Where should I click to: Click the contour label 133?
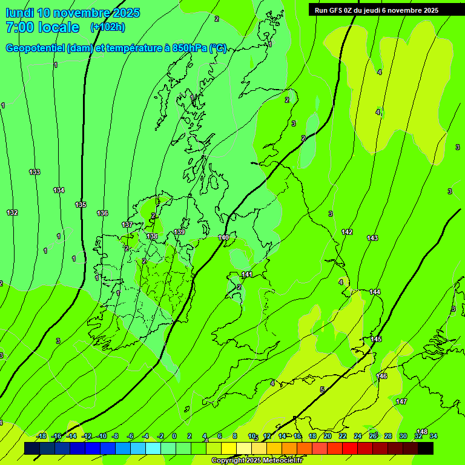[35, 172]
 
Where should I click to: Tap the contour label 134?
[59, 190]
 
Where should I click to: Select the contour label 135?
[81, 205]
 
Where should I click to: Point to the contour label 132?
[12, 213]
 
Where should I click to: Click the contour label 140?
[223, 237]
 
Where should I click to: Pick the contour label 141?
[247, 275]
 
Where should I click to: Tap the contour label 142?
[347, 232]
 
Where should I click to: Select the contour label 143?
[372, 238]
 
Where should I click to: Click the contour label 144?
[375, 292]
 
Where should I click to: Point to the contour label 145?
[376, 339]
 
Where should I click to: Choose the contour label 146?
[381, 376]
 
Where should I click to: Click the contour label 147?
[401, 401]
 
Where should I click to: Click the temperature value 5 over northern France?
[322, 389]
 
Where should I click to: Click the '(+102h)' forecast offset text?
[107, 27]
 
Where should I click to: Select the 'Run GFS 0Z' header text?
[337, 10]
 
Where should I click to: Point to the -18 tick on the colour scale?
[41, 436]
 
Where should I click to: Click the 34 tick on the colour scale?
[434, 436]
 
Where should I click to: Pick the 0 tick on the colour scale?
[174, 436]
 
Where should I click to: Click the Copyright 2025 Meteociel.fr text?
[257, 460]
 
